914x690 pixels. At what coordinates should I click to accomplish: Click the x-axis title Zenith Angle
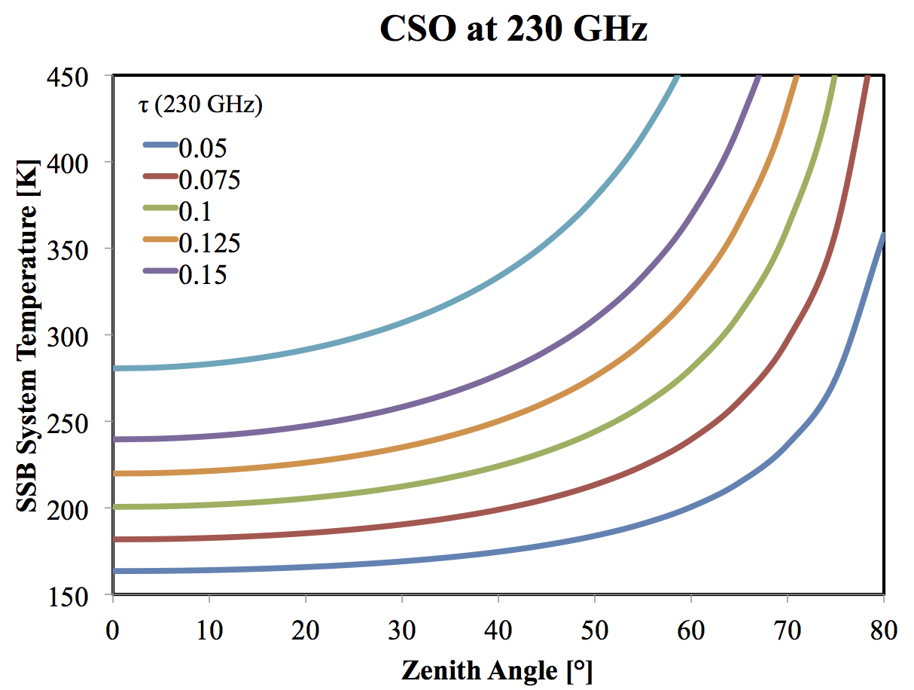point(497,669)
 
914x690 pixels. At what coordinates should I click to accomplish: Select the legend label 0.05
point(203,148)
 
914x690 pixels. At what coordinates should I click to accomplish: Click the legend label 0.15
point(203,276)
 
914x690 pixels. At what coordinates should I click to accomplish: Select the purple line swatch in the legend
point(160,271)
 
